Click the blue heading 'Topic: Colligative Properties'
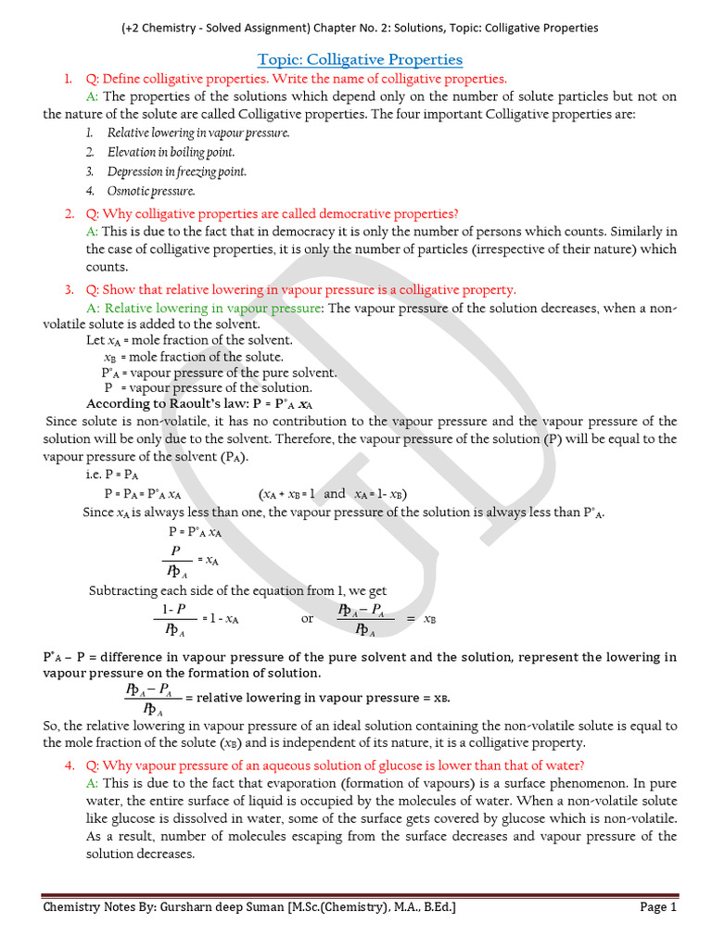click(x=360, y=59)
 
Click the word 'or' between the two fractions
click(x=308, y=618)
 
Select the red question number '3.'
click(x=70, y=290)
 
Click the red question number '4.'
click(x=70, y=766)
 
